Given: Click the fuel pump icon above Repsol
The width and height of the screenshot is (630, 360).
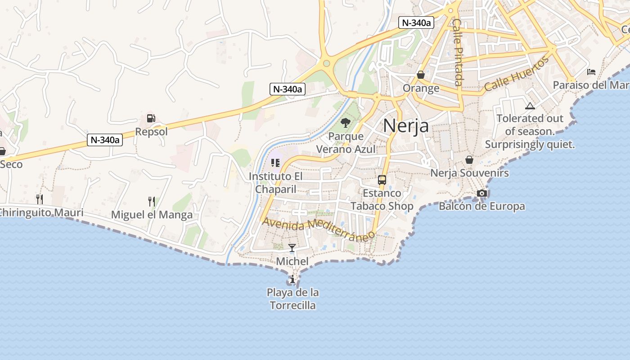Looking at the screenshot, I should point(151,118).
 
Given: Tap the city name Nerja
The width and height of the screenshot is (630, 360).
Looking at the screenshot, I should point(406,126).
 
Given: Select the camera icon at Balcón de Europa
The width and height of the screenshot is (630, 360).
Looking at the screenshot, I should point(482,193).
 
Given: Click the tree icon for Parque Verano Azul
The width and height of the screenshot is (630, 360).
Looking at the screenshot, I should point(346,122).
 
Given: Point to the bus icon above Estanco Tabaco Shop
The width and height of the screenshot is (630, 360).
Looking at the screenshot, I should point(382,180).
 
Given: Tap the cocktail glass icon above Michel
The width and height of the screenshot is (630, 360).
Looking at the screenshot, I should point(292,248).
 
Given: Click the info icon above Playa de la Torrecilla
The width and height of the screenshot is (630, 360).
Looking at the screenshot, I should point(292,279).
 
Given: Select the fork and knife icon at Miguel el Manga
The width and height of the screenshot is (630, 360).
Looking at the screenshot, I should point(152,201).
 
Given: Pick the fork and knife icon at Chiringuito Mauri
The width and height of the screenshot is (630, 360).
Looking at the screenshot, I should point(40,199).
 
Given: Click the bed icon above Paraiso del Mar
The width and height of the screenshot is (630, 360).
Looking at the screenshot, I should point(591,72).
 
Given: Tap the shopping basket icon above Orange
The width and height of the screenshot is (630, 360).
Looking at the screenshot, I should point(421,74).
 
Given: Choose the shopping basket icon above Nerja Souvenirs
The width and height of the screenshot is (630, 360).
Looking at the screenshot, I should point(469,160).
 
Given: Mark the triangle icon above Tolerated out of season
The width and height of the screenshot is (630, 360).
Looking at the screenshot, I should point(530,106).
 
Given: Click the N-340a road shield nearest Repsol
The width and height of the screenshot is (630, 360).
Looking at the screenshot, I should point(105,140).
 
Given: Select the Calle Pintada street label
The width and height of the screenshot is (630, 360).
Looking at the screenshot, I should point(458,52).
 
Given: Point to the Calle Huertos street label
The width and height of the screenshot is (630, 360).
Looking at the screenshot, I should point(517,74).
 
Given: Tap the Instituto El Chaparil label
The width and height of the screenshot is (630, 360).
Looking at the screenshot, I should point(276,183).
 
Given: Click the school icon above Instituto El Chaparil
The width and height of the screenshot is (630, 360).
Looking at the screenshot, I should point(275,162).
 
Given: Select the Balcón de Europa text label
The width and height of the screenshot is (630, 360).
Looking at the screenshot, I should point(481,207).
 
